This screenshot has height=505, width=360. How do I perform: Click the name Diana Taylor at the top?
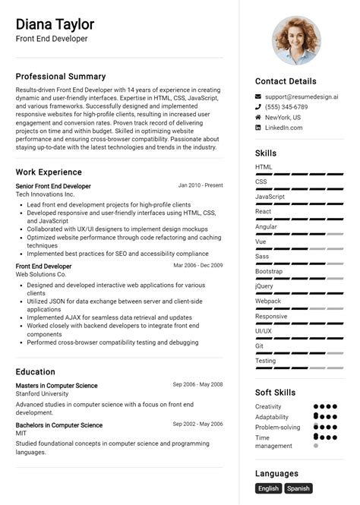(x=55, y=24)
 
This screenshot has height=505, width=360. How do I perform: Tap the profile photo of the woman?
(x=296, y=40)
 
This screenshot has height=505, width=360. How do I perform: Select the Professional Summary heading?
(x=61, y=76)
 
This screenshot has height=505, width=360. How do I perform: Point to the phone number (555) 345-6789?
(x=286, y=107)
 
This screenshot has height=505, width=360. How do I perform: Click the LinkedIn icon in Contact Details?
(x=258, y=128)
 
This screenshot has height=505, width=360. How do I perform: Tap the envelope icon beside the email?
(x=258, y=97)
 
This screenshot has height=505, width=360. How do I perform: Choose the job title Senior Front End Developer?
(x=53, y=186)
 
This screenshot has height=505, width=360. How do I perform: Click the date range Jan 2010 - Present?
(x=201, y=185)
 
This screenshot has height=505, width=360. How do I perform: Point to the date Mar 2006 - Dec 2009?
(x=198, y=266)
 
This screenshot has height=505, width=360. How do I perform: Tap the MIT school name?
(x=21, y=434)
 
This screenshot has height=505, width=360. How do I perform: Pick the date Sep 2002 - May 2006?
(x=197, y=425)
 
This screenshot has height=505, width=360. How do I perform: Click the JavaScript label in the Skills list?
(x=270, y=197)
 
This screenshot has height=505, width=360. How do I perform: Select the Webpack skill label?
(x=268, y=301)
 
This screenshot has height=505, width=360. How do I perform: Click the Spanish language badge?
(x=298, y=489)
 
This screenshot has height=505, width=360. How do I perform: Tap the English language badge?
(x=268, y=489)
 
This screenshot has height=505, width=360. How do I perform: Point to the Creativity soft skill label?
(x=268, y=407)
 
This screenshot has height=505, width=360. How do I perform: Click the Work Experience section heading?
(x=49, y=172)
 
